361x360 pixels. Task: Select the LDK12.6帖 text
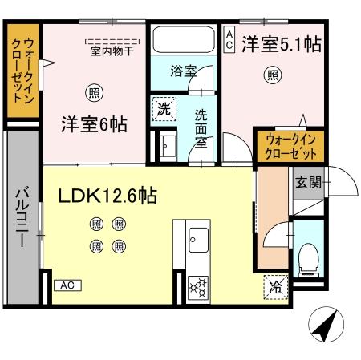coord(106,195)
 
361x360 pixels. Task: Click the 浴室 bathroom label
coord(183,71)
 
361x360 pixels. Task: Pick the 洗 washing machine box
coord(163,109)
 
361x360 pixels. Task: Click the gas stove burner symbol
coord(197,286)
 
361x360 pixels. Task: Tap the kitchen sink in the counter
coord(197,238)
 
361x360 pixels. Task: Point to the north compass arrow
coord(324,324)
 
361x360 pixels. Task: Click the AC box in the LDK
coord(67,285)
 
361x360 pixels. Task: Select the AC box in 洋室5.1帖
coord(229,39)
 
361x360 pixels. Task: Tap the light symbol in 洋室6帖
coord(95,92)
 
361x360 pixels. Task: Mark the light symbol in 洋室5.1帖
coord(273,76)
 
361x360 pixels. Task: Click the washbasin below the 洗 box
coord(167,146)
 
